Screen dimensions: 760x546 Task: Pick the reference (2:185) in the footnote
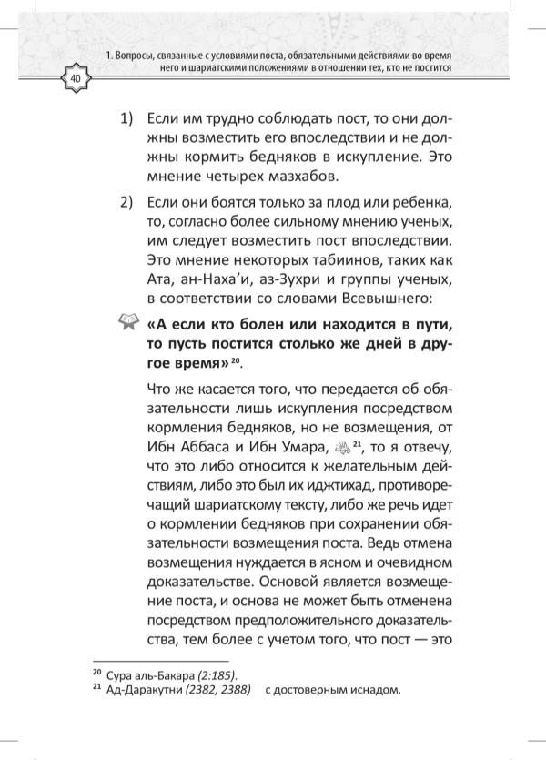[x=217, y=674]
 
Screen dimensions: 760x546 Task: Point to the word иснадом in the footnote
[x=372, y=689]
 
